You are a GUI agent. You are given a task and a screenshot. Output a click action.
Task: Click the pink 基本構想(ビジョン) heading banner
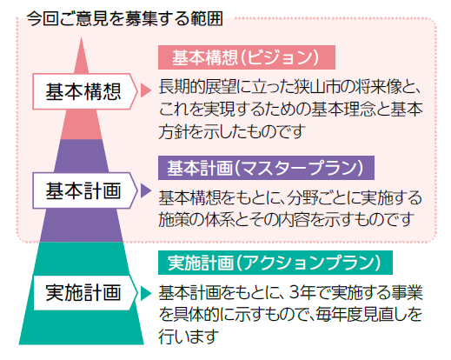247,57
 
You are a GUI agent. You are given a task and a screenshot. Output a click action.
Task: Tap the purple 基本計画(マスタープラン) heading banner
266,168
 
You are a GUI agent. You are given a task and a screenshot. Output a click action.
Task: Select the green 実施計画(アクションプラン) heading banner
275,263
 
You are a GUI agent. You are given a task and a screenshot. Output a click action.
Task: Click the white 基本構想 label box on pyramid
84,91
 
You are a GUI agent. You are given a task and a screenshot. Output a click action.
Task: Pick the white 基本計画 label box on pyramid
84,190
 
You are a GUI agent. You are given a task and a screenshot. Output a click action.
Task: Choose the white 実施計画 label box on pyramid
85,292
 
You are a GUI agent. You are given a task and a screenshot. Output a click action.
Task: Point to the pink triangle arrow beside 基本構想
146,90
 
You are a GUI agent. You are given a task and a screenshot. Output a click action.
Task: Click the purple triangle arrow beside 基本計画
146,190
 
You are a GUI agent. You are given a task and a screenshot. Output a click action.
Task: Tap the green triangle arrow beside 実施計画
146,293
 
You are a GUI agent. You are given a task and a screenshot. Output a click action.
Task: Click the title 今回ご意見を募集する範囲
125,18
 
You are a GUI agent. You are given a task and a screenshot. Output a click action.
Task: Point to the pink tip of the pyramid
81,37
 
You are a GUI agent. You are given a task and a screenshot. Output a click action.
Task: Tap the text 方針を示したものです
232,131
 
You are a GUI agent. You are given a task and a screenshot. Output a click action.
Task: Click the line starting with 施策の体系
285,219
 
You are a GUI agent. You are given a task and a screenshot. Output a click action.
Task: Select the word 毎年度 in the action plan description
339,315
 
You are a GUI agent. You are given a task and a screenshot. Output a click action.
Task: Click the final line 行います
189,337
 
